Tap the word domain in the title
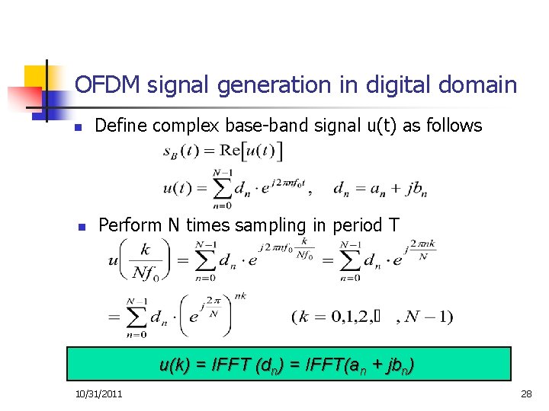point(477,84)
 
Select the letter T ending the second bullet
point(393,225)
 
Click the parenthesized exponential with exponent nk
point(204,313)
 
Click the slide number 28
point(525,393)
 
